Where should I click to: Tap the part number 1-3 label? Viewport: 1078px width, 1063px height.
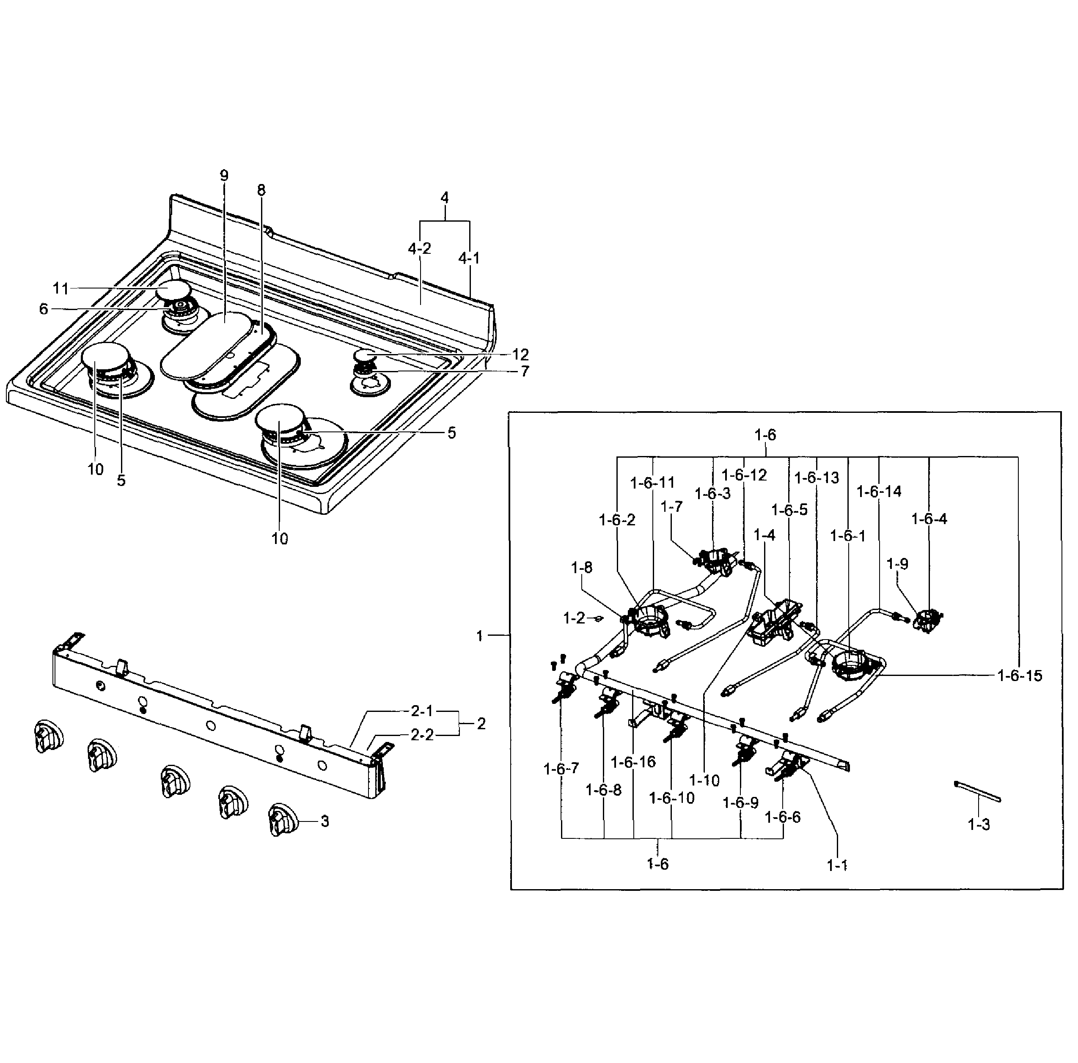tap(979, 824)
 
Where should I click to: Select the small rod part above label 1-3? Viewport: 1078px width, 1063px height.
tap(978, 792)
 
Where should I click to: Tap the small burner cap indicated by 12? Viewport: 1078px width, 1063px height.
tap(366, 355)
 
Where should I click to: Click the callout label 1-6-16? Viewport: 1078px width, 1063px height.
tap(633, 762)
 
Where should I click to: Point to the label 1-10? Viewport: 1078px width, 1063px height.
tap(704, 781)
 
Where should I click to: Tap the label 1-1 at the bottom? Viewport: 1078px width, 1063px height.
tap(837, 865)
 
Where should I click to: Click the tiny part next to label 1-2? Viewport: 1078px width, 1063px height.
tap(598, 618)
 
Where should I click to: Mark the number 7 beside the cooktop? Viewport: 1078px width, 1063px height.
tap(525, 371)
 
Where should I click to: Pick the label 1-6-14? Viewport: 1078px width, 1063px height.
tap(879, 492)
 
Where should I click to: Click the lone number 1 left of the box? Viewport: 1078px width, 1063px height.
tap(479, 636)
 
